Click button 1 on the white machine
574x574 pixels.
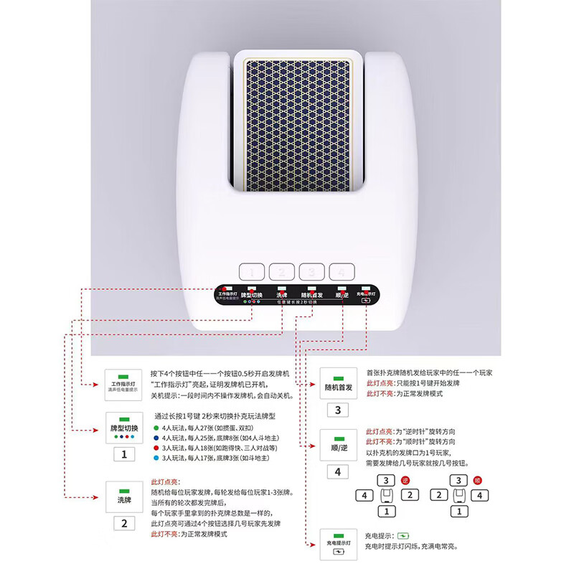point(251,272)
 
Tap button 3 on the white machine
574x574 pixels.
point(311,272)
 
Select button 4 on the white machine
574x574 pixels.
point(342,272)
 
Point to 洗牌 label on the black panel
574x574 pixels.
point(281,295)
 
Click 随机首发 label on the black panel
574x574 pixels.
point(311,295)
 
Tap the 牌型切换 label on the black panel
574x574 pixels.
point(251,295)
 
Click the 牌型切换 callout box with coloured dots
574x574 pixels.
point(123,428)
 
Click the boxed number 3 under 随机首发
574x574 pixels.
point(338,410)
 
